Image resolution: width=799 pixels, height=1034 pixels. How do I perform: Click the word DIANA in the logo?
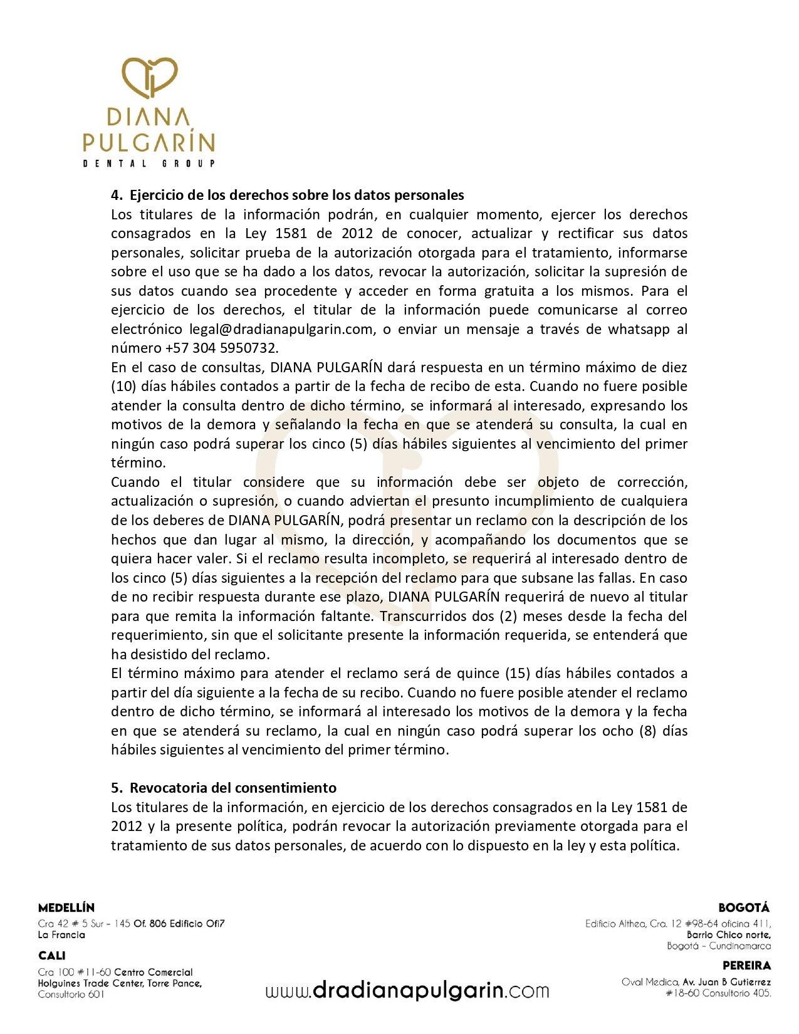click(149, 118)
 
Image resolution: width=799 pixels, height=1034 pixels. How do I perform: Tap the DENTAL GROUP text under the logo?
click(149, 164)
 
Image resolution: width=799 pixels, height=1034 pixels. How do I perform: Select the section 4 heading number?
click(117, 195)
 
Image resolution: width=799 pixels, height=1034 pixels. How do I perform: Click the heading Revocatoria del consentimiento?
click(232, 788)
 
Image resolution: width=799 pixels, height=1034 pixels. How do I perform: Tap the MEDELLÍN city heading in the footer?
click(66, 907)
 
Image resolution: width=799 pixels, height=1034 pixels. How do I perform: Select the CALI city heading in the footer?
click(51, 956)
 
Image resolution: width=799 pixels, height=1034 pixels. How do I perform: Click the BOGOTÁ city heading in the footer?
click(744, 907)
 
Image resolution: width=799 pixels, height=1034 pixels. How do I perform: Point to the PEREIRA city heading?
click(746, 966)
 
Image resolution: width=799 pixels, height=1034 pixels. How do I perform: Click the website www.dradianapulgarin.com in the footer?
click(407, 991)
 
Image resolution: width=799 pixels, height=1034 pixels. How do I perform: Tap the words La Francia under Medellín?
click(61, 935)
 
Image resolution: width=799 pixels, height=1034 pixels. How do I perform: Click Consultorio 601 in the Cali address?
click(71, 995)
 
